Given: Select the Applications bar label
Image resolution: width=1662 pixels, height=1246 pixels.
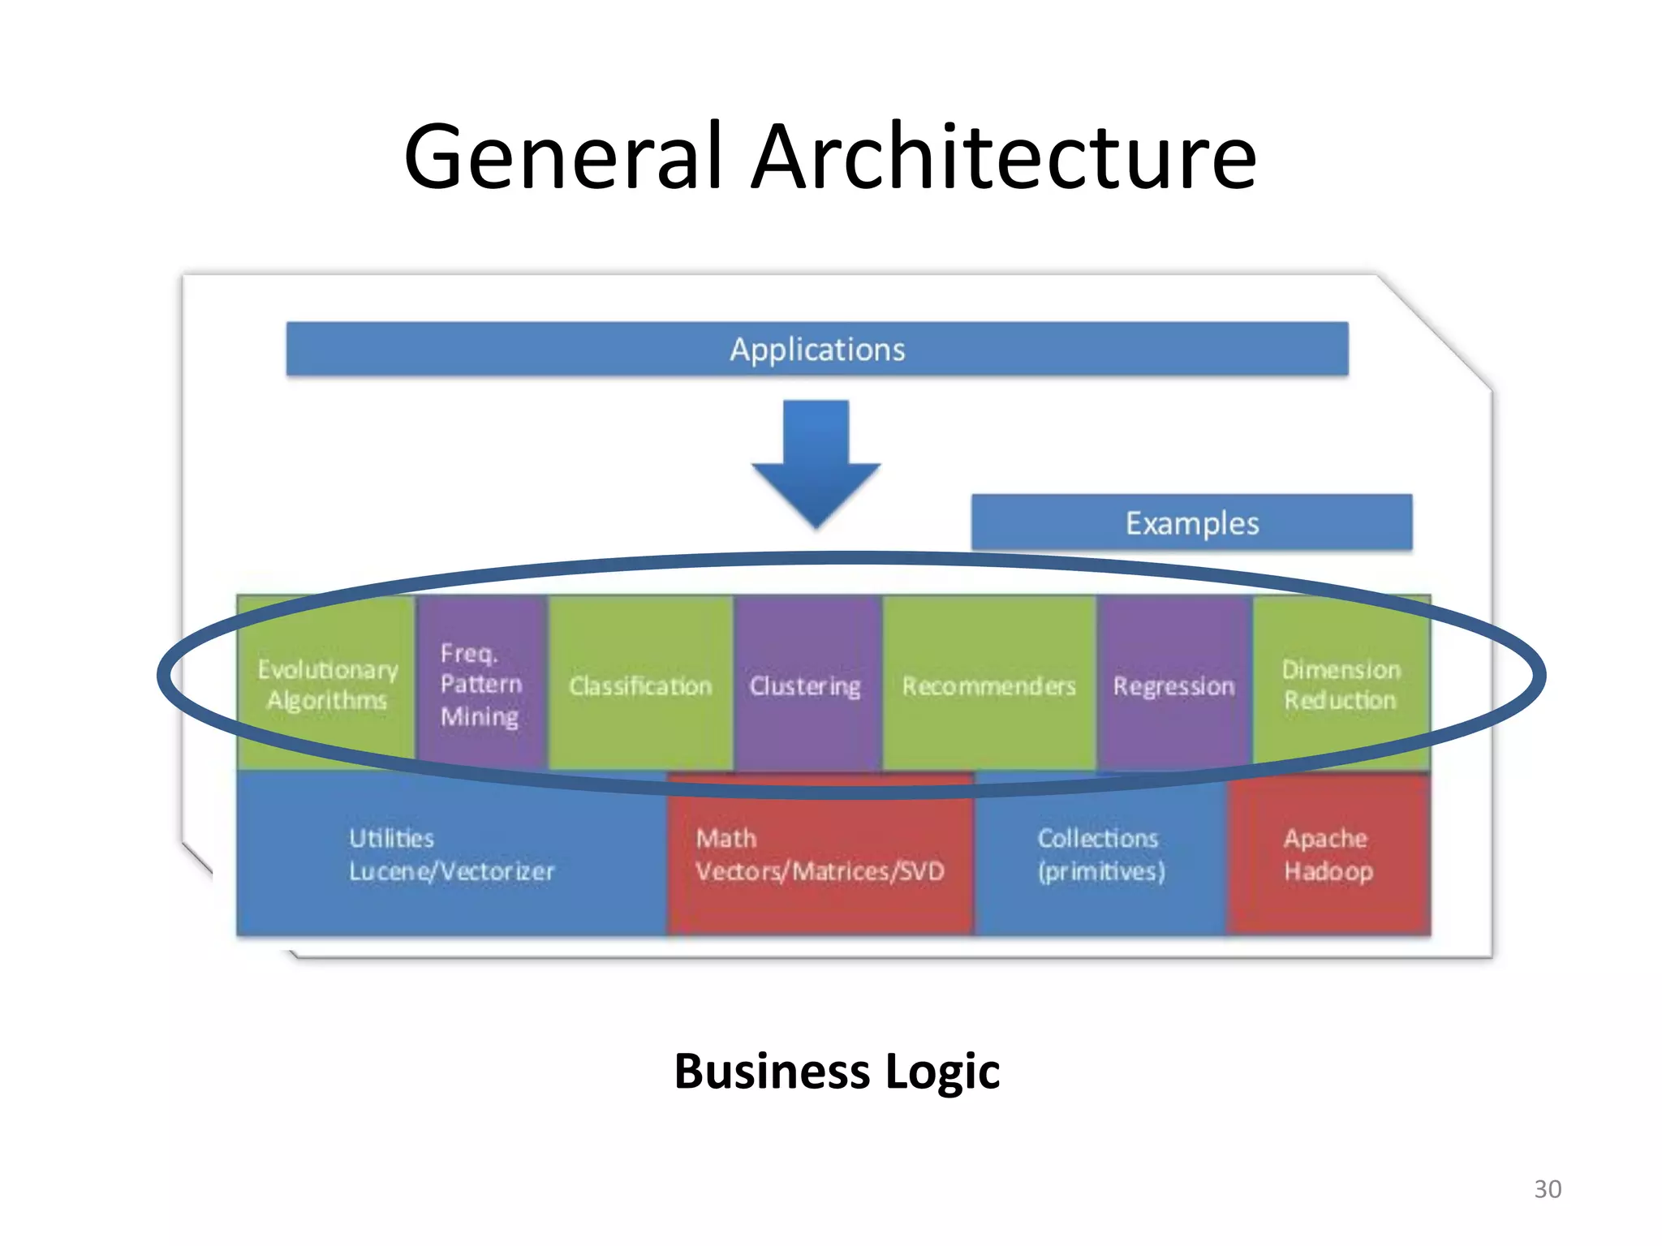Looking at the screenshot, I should coord(817,350).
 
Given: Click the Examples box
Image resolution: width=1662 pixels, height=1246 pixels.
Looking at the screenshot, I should coord(1191,523).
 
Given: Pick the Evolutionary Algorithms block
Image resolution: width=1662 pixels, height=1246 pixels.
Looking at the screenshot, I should coord(327,684).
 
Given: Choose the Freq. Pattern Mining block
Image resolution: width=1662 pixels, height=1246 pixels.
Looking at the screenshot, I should coord(481,684).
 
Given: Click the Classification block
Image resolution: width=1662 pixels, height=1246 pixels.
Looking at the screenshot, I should coord(640,686).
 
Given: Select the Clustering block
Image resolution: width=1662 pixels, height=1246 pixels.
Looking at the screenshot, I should coord(806,686).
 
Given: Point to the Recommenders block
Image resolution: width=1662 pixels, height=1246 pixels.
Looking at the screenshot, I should coord(988,686).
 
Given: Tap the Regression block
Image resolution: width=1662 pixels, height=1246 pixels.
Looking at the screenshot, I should coord(1173,686).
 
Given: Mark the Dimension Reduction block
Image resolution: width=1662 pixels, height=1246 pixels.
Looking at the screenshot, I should coord(1341,684).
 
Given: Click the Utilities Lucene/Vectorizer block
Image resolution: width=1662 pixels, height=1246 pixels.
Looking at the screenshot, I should coord(451,854).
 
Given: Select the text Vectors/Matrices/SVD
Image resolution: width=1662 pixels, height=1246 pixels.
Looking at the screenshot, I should coord(820,871).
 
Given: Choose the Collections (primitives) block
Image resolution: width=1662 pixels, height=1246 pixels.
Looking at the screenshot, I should coord(1100,854).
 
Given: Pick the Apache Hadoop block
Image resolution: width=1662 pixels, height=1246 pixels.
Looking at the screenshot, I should coord(1328,854).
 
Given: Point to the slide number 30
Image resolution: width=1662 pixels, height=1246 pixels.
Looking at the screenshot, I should coord(1548,1189).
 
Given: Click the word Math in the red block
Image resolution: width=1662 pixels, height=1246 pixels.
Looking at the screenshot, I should coord(726,838).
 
